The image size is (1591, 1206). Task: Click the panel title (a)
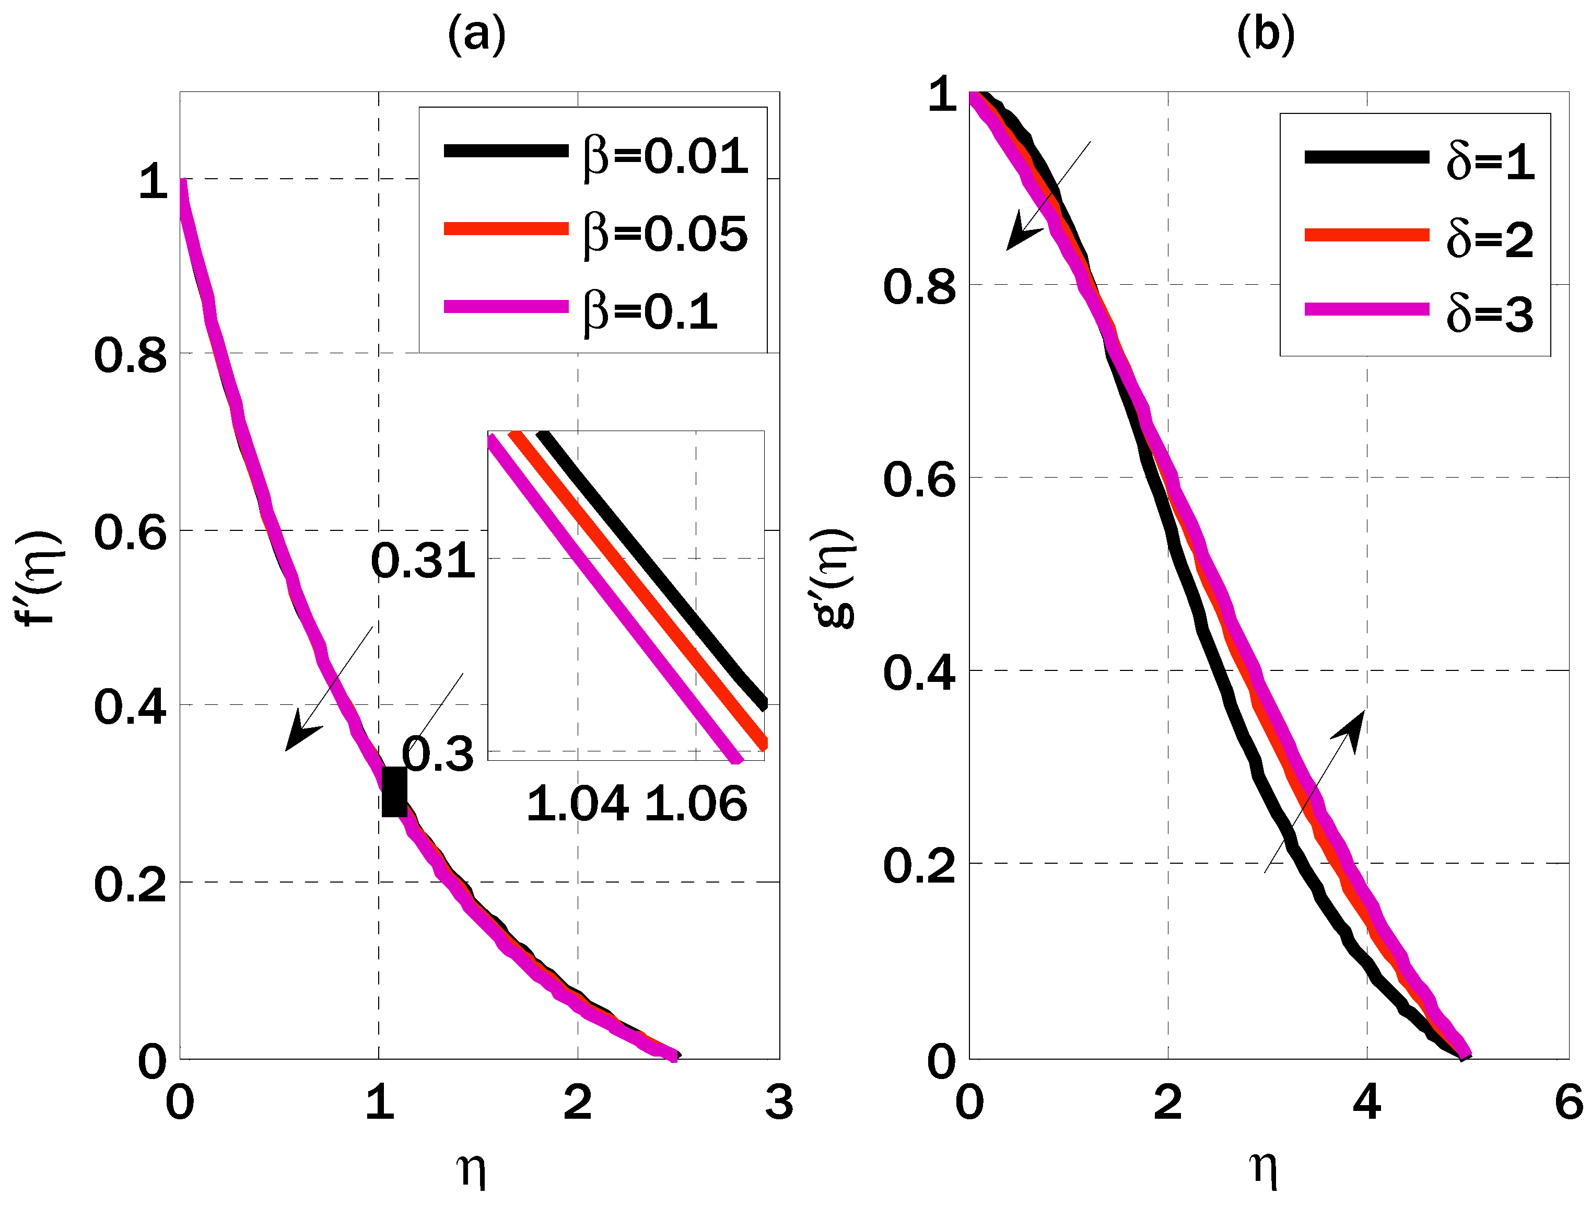click(476, 34)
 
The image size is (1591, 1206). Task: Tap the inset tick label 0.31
click(423, 561)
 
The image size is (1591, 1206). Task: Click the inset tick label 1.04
click(578, 804)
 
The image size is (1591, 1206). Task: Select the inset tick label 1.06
click(696, 804)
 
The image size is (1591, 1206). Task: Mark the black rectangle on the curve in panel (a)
click(394, 792)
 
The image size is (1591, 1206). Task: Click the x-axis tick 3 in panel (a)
click(779, 1101)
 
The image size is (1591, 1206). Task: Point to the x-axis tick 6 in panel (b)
click(1569, 1101)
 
